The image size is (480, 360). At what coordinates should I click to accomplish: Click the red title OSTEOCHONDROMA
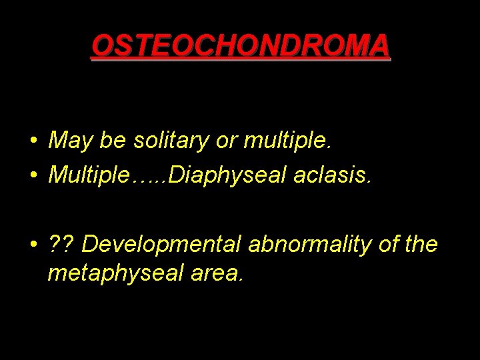[241, 46]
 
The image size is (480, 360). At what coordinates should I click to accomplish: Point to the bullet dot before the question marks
[33, 245]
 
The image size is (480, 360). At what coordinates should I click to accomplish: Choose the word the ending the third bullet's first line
[420, 244]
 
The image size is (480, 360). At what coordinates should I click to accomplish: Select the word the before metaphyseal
[420, 244]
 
